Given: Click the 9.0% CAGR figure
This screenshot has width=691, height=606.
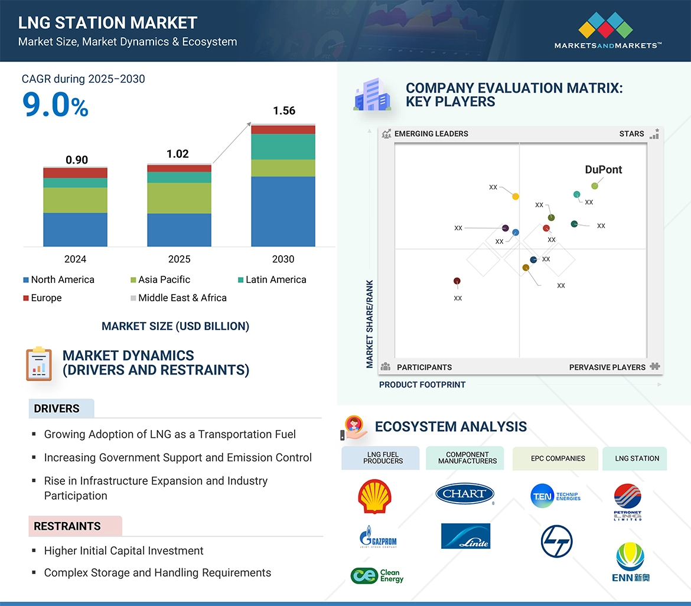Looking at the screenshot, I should tap(56, 105).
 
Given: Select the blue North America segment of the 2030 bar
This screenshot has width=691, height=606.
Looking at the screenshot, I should tap(283, 211).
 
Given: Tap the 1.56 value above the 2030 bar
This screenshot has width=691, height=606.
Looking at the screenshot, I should tap(283, 111).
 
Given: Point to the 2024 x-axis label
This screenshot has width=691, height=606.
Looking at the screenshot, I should tap(75, 259).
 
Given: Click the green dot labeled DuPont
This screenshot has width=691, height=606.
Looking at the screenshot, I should tap(595, 186).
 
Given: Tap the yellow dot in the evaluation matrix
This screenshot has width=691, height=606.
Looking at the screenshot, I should tap(516, 196).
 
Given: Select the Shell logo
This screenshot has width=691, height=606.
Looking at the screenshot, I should tap(374, 496).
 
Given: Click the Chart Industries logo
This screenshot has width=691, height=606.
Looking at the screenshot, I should tap(465, 494).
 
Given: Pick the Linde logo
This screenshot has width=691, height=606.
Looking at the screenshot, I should tap(465, 536).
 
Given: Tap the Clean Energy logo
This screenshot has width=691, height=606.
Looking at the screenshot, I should tap(377, 576).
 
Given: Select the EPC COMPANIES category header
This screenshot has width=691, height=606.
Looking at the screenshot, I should tap(558, 458).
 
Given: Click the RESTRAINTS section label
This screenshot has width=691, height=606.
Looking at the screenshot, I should tap(67, 526).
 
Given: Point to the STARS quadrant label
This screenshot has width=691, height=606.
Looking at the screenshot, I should tap(631, 134).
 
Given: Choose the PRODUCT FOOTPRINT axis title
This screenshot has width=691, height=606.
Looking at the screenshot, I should tap(422, 385).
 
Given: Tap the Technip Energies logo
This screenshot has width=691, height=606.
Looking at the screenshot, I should tap(556, 496).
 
